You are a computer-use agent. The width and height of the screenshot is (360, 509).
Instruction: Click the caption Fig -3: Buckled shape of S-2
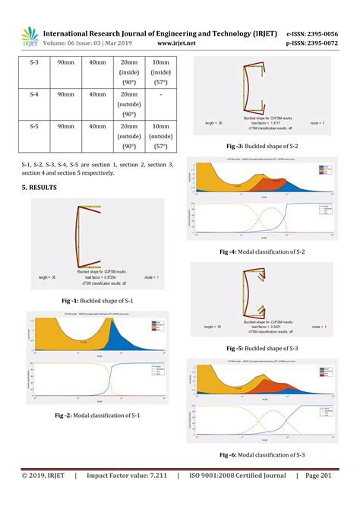click(x=264, y=144)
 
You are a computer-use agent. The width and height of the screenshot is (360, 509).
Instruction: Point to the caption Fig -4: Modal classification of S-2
click(x=264, y=251)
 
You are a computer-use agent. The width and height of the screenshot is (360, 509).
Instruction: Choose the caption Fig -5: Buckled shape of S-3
click(x=264, y=349)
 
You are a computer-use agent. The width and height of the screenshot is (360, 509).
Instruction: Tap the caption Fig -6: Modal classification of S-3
click(x=264, y=454)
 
